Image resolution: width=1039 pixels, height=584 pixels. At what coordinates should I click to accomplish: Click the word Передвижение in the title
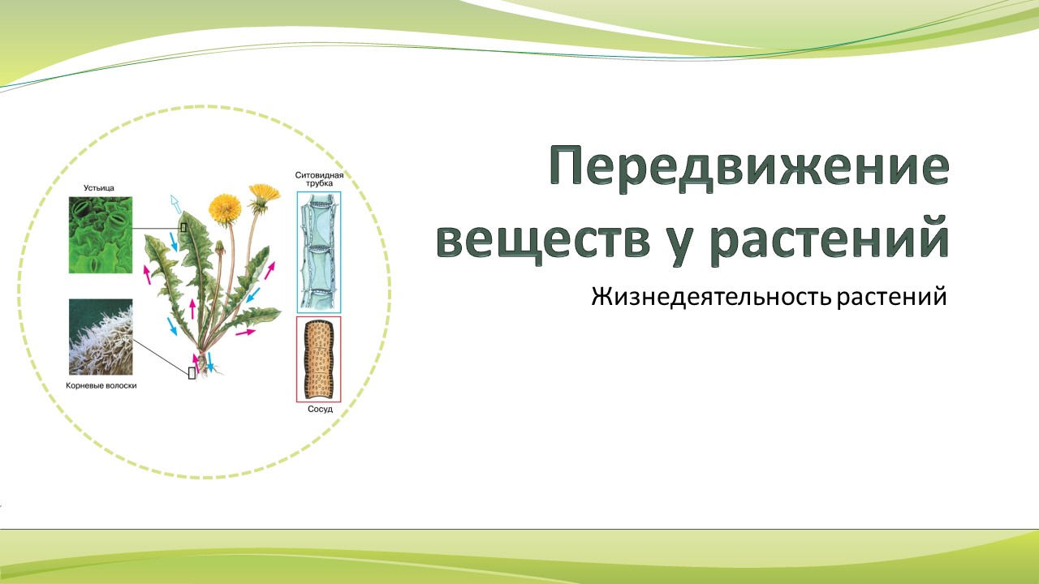pyautogui.click(x=748, y=166)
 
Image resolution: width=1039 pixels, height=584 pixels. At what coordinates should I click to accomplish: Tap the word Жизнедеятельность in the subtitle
pyautogui.click(x=710, y=296)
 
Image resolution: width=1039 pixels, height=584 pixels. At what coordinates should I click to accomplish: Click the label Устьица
pyautogui.click(x=99, y=187)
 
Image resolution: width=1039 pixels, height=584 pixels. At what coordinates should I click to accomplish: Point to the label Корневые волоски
pyautogui.click(x=101, y=385)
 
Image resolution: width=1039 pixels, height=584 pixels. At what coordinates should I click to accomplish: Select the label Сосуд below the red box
pyautogui.click(x=320, y=410)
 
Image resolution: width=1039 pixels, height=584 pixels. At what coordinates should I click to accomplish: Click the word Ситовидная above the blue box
pyautogui.click(x=319, y=175)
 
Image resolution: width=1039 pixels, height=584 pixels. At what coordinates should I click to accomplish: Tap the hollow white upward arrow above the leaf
pyautogui.click(x=175, y=204)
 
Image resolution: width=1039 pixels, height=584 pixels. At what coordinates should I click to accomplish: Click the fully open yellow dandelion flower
pyautogui.click(x=225, y=208)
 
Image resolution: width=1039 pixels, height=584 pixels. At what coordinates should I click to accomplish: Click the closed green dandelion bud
pyautogui.click(x=220, y=248)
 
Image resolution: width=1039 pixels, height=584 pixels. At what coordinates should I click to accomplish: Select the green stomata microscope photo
pyautogui.click(x=101, y=235)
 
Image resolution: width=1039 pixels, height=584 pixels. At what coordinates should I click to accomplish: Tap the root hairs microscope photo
pyautogui.click(x=101, y=337)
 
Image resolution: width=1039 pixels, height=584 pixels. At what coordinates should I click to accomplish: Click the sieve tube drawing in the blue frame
pyautogui.click(x=319, y=252)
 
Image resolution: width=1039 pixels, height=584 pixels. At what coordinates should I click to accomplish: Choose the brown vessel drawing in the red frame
pyautogui.click(x=319, y=359)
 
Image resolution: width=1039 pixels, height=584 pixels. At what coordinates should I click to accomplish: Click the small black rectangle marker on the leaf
pyautogui.click(x=183, y=228)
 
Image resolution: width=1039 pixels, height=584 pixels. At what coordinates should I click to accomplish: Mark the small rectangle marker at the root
pyautogui.click(x=192, y=373)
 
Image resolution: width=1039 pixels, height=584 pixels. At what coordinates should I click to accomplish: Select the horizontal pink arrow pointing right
pyautogui.click(x=246, y=333)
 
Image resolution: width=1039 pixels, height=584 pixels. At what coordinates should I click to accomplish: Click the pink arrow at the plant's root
pyautogui.click(x=196, y=363)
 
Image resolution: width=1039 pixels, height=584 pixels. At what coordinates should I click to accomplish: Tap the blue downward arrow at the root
pyautogui.click(x=210, y=362)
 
